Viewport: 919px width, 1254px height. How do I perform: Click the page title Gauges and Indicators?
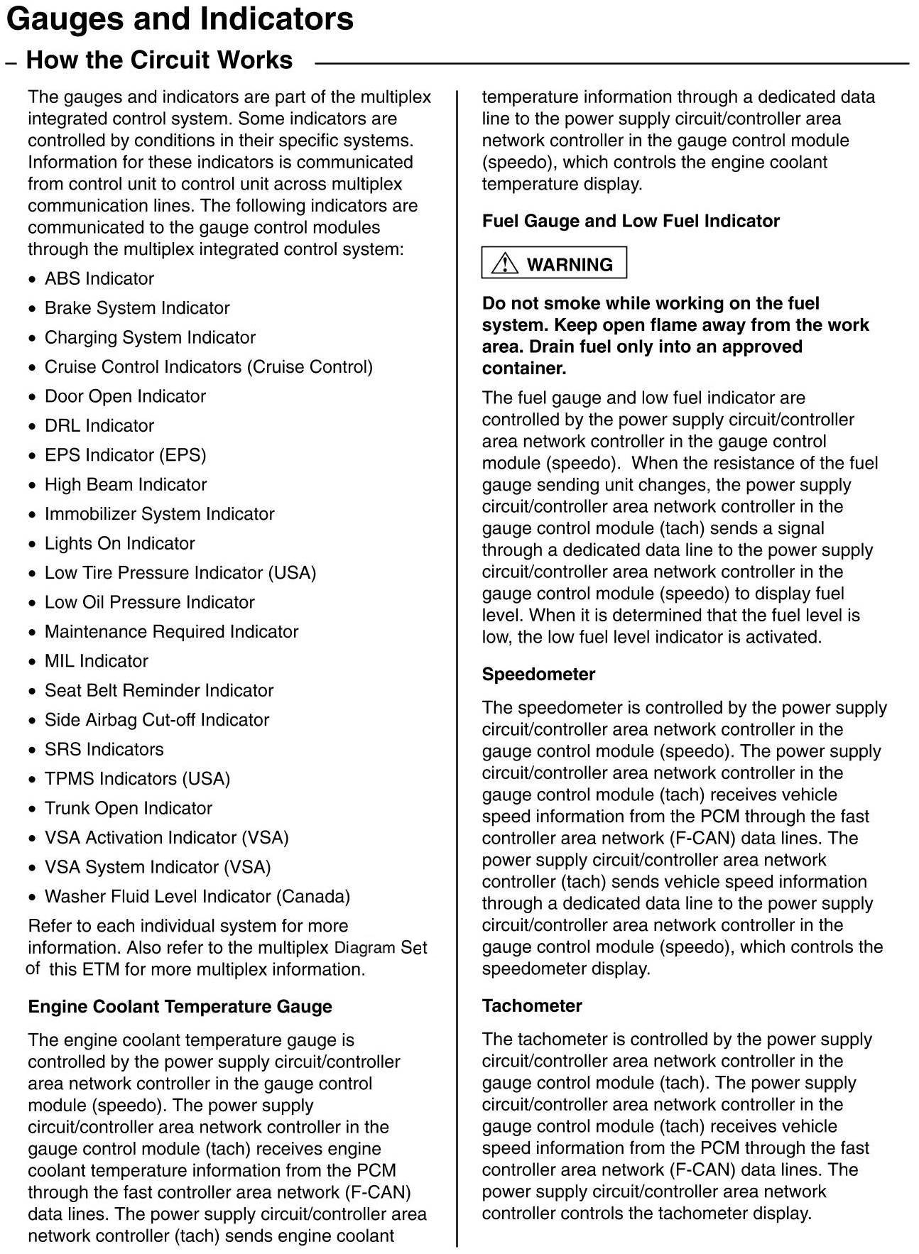(179, 19)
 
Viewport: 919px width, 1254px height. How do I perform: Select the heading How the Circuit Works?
(159, 60)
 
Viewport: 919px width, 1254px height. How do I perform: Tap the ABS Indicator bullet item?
(99, 278)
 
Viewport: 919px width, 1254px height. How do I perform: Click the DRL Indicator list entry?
(99, 425)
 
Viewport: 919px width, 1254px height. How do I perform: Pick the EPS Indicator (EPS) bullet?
(125, 455)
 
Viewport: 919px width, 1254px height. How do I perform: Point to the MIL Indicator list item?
(96, 661)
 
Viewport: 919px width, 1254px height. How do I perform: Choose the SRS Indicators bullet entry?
(104, 749)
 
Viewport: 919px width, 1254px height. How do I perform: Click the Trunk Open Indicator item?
(128, 808)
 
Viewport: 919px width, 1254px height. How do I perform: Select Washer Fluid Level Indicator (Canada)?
(197, 896)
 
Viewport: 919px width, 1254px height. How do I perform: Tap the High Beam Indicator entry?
(125, 484)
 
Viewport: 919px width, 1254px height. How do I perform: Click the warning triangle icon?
(504, 263)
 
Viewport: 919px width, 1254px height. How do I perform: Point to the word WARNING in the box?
(570, 264)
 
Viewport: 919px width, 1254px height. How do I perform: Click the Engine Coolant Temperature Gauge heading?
(180, 1006)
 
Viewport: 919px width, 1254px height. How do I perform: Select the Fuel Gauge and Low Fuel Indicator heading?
(631, 221)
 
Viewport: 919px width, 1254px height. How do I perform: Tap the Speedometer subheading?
(538, 674)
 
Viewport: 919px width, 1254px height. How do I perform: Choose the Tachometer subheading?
(532, 1005)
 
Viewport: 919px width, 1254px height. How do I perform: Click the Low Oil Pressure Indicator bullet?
(149, 602)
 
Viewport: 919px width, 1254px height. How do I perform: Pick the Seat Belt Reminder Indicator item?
(158, 690)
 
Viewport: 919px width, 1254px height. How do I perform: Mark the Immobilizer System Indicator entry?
(159, 514)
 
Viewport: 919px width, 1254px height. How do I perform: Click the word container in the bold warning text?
(523, 369)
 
